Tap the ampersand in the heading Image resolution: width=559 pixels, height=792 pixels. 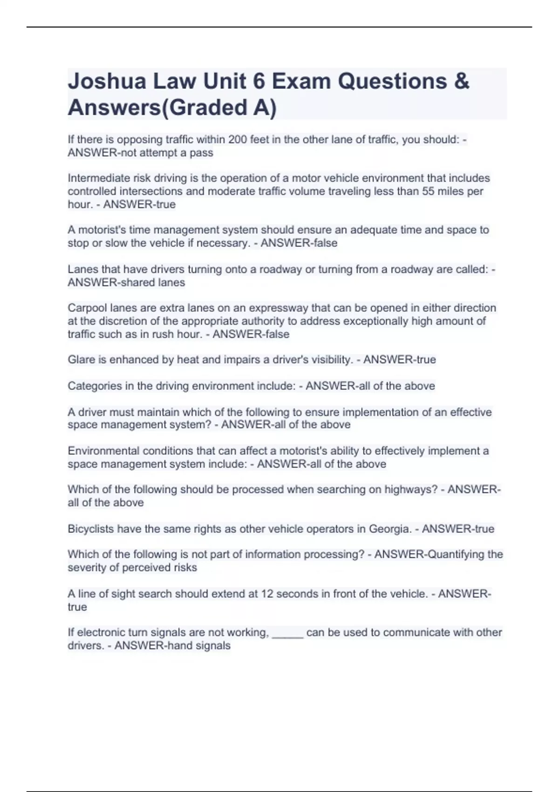pos(461,81)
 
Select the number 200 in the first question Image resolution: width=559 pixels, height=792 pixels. pos(238,139)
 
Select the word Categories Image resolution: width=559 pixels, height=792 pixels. pos(95,386)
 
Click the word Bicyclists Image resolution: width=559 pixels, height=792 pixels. pos(91,529)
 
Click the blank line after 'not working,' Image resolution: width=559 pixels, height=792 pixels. pos(287,633)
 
